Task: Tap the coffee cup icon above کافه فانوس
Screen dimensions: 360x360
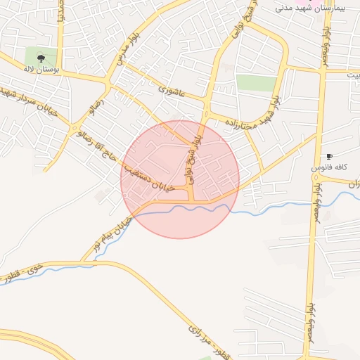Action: click(329, 156)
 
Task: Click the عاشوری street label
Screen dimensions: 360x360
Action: click(172, 90)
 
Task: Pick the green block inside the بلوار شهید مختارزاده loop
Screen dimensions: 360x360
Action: click(256, 83)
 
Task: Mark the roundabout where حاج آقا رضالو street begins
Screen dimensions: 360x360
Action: click(75, 128)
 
